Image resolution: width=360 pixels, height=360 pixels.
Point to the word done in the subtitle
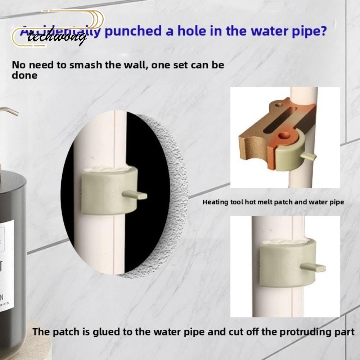click(x=24, y=76)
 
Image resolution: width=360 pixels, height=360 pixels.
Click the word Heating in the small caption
click(x=215, y=202)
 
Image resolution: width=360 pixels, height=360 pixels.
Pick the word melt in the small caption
click(x=264, y=202)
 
